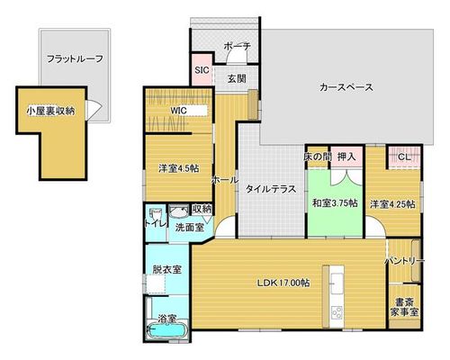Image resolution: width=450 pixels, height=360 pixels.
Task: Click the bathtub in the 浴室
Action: [x=166, y=331]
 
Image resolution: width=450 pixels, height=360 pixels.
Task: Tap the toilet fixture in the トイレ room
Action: [x=156, y=215]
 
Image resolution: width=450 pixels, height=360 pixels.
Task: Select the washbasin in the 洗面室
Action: [x=178, y=211]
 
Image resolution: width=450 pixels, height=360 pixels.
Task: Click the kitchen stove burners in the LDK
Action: [x=337, y=313]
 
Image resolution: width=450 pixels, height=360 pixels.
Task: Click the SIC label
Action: [x=202, y=70]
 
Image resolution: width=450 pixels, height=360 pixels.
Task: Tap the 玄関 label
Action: [x=237, y=78]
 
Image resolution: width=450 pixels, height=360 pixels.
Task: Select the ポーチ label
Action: [x=238, y=47]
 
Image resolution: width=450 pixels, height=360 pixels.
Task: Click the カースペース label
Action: [x=346, y=87]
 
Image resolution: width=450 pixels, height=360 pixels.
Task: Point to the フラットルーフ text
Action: [x=75, y=58]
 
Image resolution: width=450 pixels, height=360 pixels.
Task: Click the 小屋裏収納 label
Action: [x=50, y=111]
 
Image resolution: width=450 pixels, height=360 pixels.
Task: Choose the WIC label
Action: [x=178, y=111]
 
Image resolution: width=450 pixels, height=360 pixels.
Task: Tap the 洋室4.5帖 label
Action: [x=178, y=168]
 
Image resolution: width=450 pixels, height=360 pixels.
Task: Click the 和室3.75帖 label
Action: [x=335, y=203]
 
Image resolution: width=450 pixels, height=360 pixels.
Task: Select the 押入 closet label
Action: [x=346, y=157]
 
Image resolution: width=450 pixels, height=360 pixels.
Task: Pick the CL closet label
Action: [x=404, y=157]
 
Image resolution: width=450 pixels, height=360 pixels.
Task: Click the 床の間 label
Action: [x=318, y=157]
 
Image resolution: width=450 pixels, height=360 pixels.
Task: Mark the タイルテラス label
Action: [x=271, y=189]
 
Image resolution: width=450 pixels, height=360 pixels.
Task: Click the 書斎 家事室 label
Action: [x=404, y=307]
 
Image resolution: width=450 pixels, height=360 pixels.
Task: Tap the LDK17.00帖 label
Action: [x=283, y=283]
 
